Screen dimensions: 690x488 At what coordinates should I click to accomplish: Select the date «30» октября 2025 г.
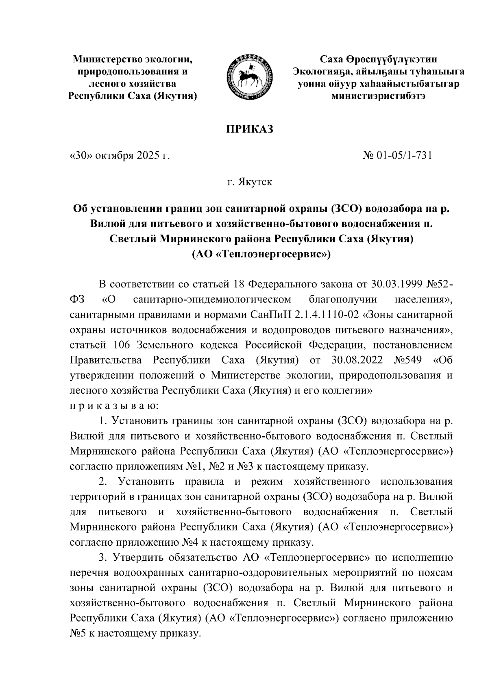pos(120,155)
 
